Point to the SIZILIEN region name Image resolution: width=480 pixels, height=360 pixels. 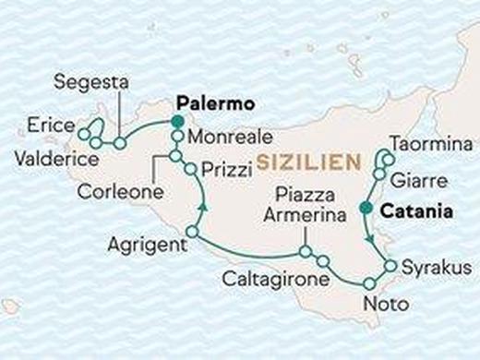coord(308,163)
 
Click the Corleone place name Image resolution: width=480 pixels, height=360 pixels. coord(122,194)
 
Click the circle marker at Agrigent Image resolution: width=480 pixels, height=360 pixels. coord(191,232)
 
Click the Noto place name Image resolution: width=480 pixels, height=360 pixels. coord(382,301)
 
